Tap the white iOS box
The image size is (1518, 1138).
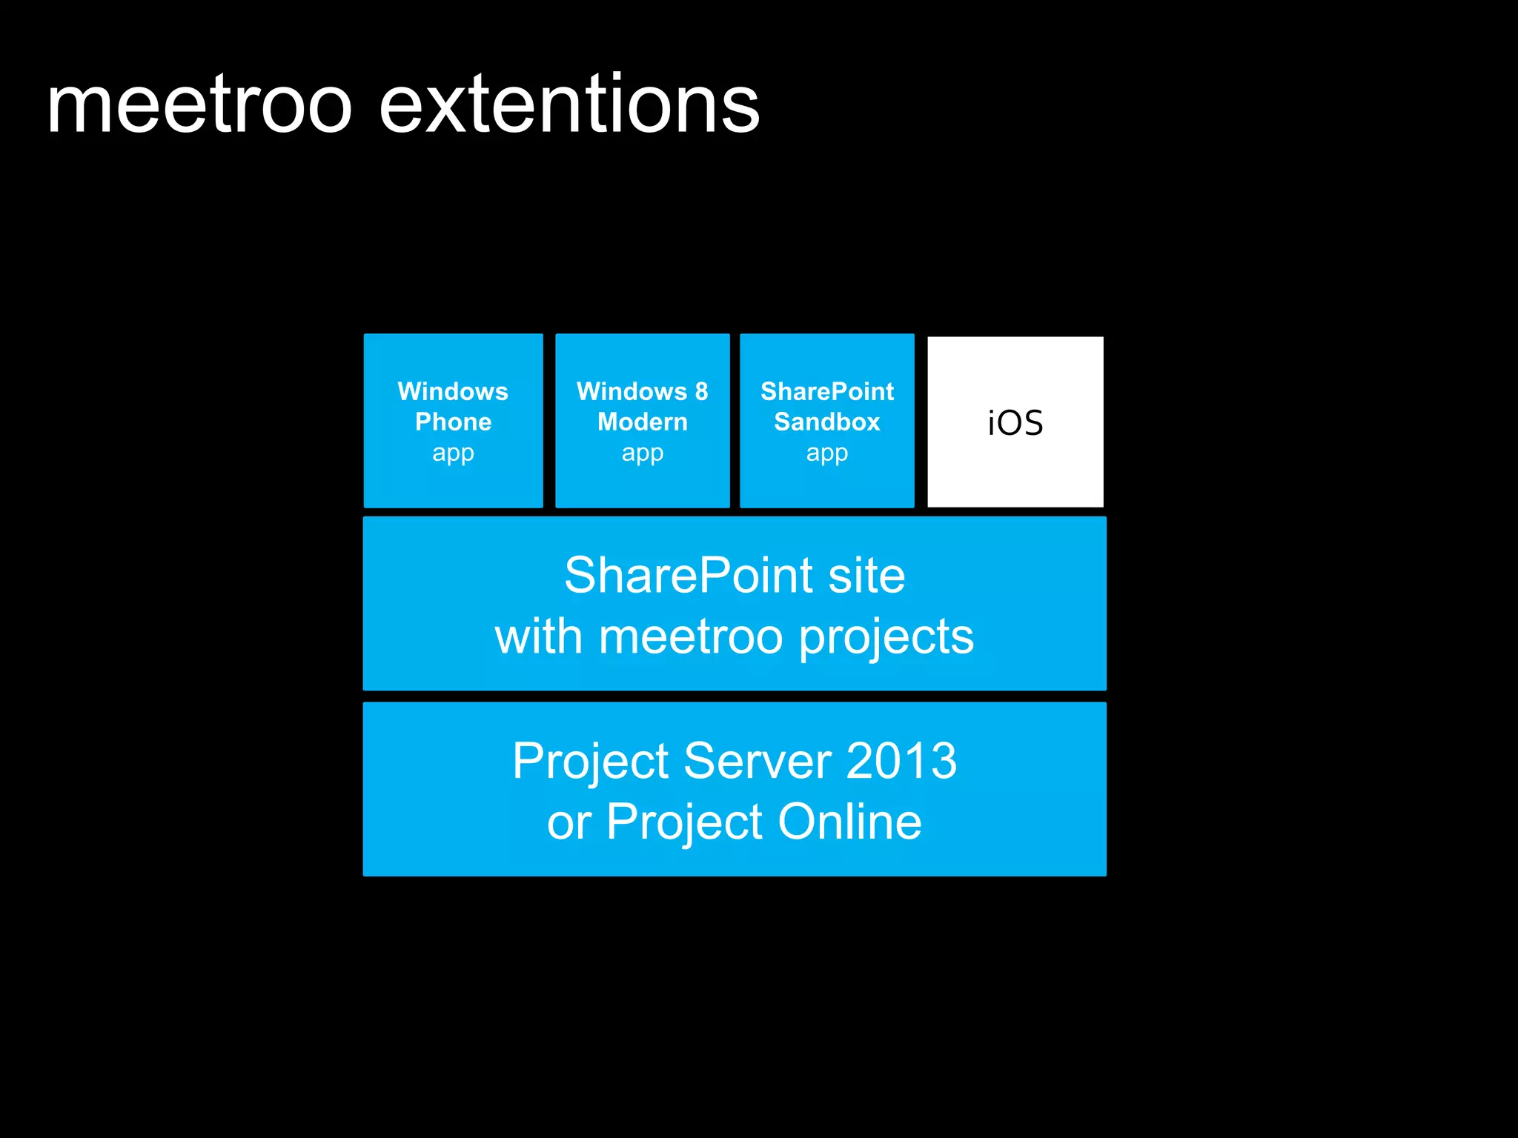1015,422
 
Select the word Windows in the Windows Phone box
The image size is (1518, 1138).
453,391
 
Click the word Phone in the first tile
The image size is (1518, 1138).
453,422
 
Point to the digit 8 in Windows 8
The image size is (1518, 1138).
701,391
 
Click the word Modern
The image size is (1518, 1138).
643,422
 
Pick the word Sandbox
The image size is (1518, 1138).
826,422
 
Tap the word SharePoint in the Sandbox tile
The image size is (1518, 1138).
827,391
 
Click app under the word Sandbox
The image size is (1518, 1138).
826,453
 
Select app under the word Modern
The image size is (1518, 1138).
643,453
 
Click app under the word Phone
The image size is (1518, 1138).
453,453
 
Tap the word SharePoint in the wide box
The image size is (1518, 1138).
689,576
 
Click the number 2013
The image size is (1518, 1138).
901,761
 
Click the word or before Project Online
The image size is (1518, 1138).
569,823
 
